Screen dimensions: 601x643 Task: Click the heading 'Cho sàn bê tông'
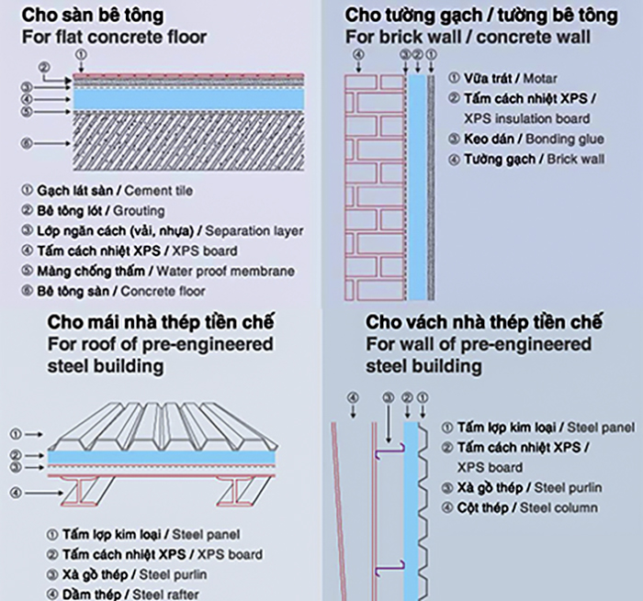click(x=94, y=16)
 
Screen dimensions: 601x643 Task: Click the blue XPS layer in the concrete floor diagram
click(x=175, y=97)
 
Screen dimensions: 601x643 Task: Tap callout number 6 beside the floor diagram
click(x=27, y=143)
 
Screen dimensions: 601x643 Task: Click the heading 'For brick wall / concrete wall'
click(x=468, y=38)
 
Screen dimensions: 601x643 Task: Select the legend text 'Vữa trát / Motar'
click(x=510, y=79)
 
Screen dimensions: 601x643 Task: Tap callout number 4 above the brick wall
click(x=358, y=54)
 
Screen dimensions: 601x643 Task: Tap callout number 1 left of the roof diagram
click(x=16, y=432)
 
